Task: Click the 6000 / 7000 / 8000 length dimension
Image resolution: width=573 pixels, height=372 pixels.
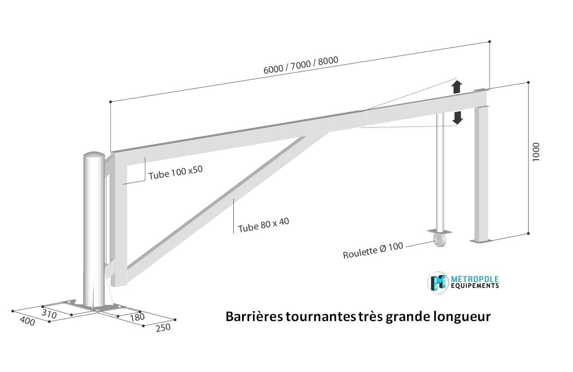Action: pos(301,65)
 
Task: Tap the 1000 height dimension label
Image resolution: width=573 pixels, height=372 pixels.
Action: pos(536,152)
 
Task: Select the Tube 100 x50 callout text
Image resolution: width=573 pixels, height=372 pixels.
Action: pos(175,172)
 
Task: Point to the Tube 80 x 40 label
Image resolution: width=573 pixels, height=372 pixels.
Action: pos(263,225)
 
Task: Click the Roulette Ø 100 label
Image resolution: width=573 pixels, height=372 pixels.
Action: pos(373,250)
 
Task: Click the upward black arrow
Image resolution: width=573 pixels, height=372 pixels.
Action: pos(457,87)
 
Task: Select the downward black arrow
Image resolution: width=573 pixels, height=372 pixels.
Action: pos(457,118)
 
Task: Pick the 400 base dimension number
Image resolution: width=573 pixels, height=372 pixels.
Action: pos(27,321)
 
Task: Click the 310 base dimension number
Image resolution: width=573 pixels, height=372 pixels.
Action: pos(49,314)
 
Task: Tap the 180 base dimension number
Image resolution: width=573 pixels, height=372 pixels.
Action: pos(137,317)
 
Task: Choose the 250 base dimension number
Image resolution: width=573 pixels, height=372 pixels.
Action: pos(163,328)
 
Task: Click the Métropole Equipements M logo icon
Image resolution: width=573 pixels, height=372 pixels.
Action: pos(438,282)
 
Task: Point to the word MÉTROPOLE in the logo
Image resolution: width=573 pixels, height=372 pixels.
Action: pos(475,279)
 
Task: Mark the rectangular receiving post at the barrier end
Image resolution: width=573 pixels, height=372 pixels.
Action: pos(481,173)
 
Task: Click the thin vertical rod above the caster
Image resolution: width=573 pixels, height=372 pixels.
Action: pos(440,172)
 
